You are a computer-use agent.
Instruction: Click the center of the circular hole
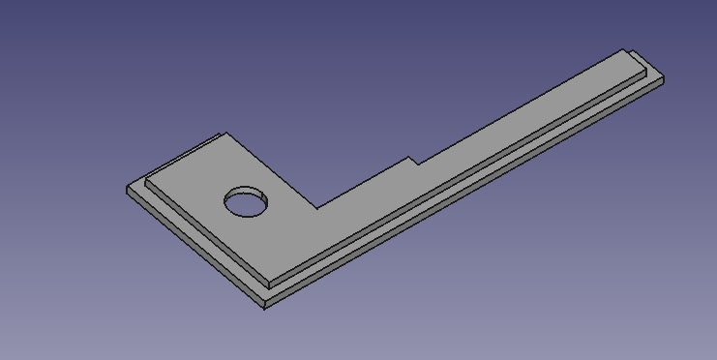point(246,202)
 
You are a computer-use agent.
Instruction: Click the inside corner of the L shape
point(316,208)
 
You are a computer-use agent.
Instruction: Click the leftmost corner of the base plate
point(128,188)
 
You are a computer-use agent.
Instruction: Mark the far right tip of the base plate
point(664,81)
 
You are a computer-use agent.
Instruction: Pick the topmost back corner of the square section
point(224,134)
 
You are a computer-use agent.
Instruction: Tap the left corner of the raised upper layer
point(146,179)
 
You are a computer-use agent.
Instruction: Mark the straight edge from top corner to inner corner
point(271,171)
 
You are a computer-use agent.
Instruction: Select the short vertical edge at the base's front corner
point(264,302)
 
